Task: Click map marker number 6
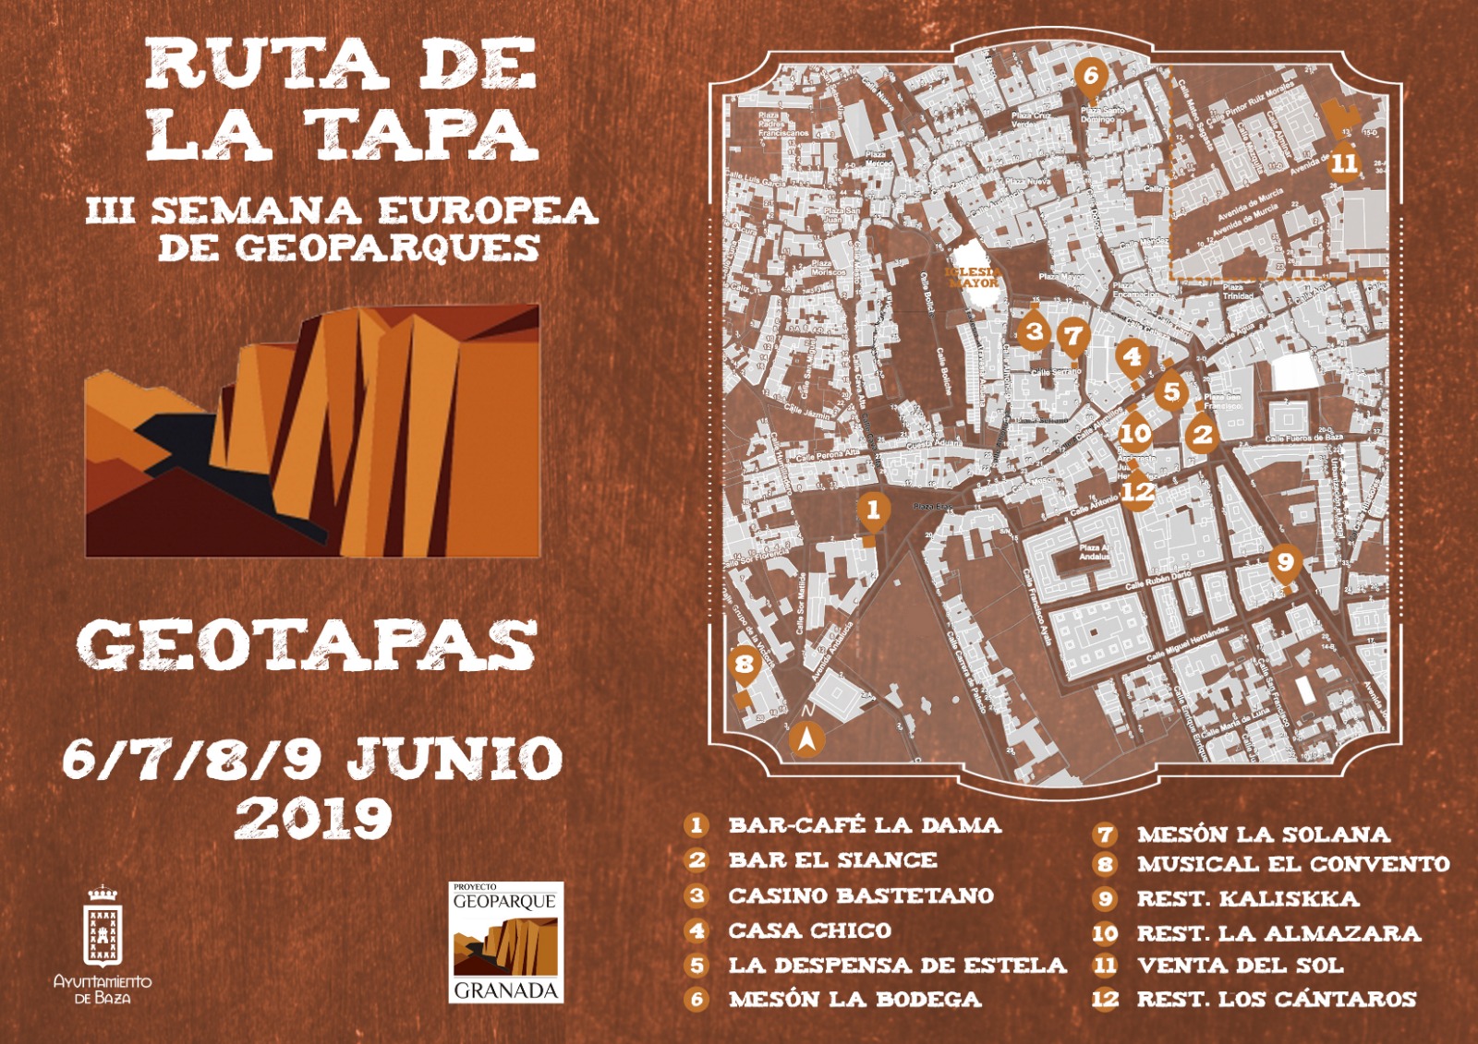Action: tap(1090, 76)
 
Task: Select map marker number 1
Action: tap(873, 510)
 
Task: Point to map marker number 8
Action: tap(744, 665)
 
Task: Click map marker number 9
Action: tap(1284, 561)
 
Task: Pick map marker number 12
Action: tap(1137, 491)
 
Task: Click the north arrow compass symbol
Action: tap(807, 738)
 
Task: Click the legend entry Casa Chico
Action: tap(809, 930)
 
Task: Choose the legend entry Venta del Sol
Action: tap(1240, 966)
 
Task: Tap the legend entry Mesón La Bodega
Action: tap(854, 1000)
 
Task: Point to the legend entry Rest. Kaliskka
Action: tap(1247, 899)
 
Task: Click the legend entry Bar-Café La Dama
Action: tap(864, 825)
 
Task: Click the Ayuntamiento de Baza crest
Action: tap(103, 928)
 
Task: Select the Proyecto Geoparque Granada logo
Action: tap(505, 942)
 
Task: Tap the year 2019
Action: tap(313, 817)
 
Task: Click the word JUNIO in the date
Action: tap(454, 759)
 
